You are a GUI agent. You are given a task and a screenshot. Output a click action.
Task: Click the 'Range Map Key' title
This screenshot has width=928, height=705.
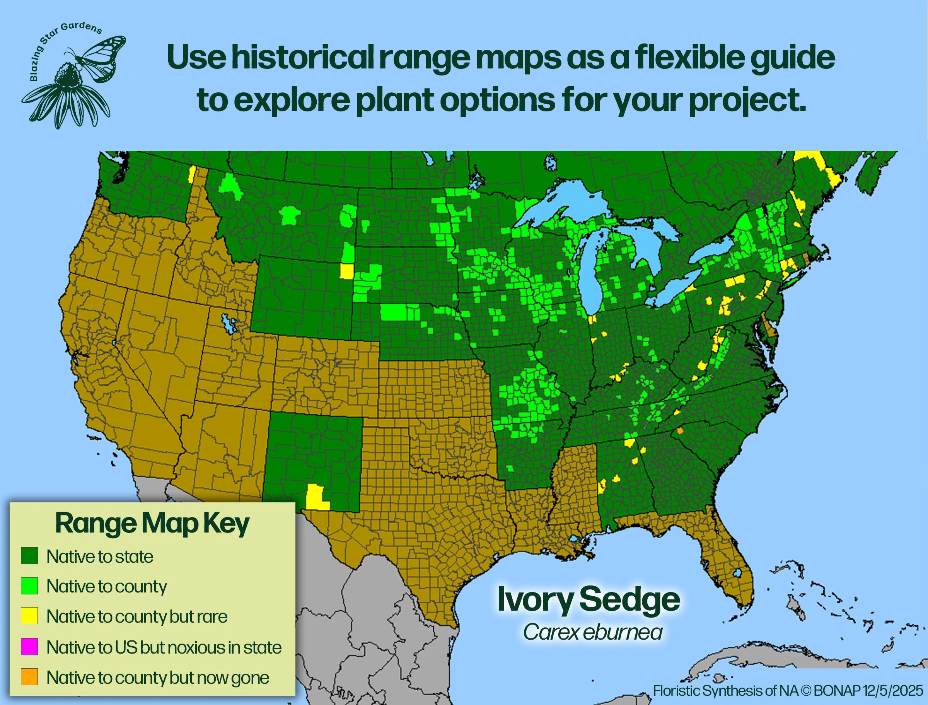pos(152,523)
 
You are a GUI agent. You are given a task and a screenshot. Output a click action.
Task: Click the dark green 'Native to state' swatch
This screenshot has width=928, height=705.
pos(29,556)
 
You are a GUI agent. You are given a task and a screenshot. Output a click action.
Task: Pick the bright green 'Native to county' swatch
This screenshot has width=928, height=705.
pos(29,586)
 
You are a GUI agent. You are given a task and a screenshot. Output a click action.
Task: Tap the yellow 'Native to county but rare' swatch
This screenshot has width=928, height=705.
pos(29,616)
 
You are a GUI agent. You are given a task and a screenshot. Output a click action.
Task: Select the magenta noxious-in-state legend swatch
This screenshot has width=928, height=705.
pos(29,647)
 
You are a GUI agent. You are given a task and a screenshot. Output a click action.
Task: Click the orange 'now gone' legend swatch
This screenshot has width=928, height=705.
pos(29,677)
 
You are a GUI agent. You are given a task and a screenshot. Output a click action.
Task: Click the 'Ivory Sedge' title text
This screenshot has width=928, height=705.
pos(588,600)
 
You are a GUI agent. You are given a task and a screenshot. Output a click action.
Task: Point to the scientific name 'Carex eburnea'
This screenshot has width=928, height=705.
pos(592,632)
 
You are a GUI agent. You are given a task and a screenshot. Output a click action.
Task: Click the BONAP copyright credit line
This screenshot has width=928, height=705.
pos(788,690)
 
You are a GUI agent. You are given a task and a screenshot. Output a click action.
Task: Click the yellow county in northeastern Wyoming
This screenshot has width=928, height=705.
pos(346,271)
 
